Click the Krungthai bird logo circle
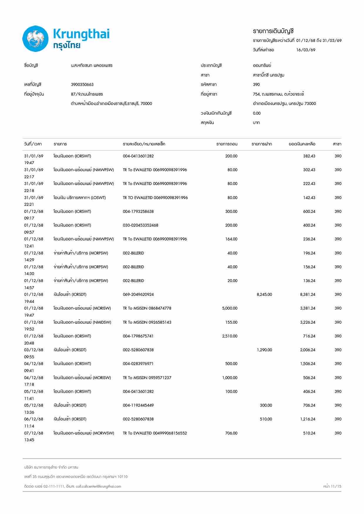pos(36,39)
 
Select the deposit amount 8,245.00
pos(264,294)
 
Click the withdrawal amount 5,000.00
pos(230,308)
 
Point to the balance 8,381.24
pos(308,294)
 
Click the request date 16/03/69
pos(306,50)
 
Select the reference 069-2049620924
pos(138,294)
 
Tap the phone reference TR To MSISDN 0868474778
pos(147,308)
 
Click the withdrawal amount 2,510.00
pos(230,336)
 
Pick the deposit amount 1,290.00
pos(264,350)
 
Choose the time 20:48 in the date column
pos(29,343)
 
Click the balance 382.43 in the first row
pos(309,156)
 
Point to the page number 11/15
pos(336,486)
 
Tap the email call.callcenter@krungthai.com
pos(98,486)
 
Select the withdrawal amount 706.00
pos(231,433)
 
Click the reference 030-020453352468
pos(141,225)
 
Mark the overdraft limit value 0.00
pos(257,113)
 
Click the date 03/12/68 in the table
pos(33,350)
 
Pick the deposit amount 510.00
pos(266,419)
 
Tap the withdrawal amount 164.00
pos(231,239)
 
